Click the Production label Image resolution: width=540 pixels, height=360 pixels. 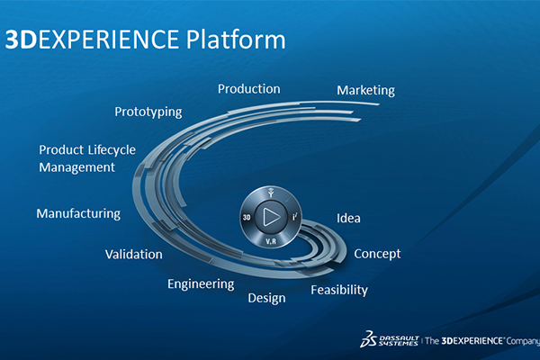(249, 89)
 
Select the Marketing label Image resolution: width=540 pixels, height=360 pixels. (365, 91)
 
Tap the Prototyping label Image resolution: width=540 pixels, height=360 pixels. (148, 112)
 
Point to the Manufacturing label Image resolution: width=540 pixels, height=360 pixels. (78, 213)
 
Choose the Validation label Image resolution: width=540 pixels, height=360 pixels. (133, 254)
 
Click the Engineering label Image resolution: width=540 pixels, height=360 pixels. (201, 283)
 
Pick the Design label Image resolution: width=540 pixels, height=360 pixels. (266, 298)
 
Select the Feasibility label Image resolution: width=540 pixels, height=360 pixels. (339, 290)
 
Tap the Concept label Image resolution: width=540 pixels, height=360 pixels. (377, 254)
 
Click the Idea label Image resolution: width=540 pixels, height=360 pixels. (349, 218)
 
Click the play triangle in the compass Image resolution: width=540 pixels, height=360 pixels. (271, 217)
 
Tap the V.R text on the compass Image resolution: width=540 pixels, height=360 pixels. (271, 241)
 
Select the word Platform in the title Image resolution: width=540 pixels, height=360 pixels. (233, 40)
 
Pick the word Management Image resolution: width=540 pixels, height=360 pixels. (76, 166)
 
